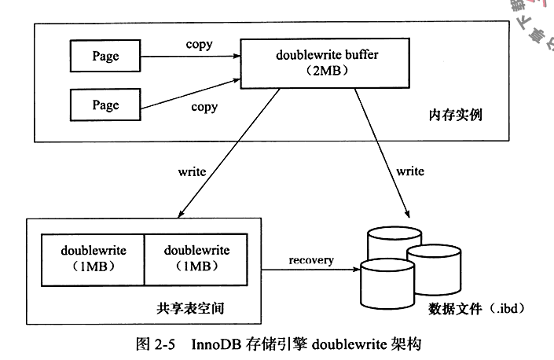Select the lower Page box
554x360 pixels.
[105, 105]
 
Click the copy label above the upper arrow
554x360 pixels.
[198, 44]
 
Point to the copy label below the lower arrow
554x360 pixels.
[204, 107]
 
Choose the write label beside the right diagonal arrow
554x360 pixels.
[409, 171]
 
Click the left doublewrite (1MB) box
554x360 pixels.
[93, 259]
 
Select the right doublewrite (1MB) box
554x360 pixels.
[196, 259]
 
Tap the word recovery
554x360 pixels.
[311, 260]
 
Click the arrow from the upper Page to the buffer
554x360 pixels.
[189, 56]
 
